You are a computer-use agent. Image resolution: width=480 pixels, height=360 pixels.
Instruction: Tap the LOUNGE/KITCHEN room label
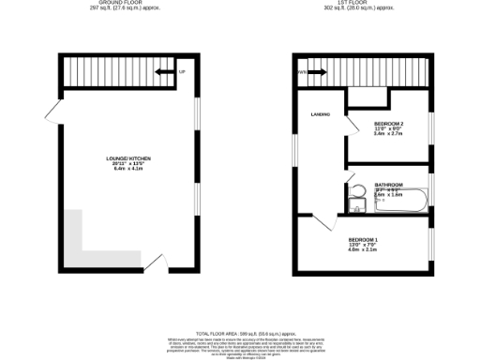tap(128, 159)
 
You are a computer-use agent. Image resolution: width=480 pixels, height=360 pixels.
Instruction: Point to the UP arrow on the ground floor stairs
tap(164, 71)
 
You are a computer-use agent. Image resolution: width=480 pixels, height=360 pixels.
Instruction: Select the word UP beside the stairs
tap(182, 71)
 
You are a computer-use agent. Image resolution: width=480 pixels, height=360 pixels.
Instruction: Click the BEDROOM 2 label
tap(389, 124)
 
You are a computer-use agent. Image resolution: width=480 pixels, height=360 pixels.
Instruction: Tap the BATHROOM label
tap(389, 185)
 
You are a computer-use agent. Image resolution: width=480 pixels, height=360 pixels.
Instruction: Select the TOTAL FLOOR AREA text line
tap(239, 333)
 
